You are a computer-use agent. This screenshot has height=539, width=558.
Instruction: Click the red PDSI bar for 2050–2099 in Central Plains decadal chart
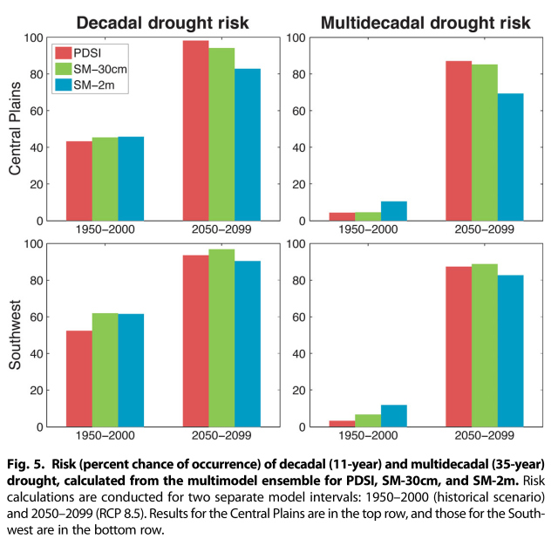pos(196,131)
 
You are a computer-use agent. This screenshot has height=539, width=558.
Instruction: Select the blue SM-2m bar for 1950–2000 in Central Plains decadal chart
pos(131,179)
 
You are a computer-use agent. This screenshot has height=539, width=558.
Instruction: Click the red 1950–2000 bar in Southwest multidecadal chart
pos(342,423)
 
